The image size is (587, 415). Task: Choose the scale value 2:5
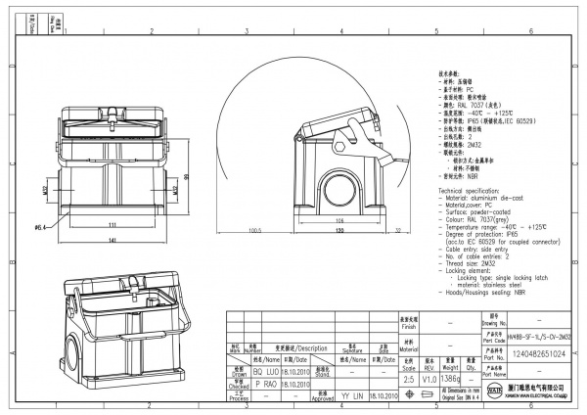(407, 376)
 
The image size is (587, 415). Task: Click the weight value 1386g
(452, 376)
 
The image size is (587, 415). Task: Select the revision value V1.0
(429, 376)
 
